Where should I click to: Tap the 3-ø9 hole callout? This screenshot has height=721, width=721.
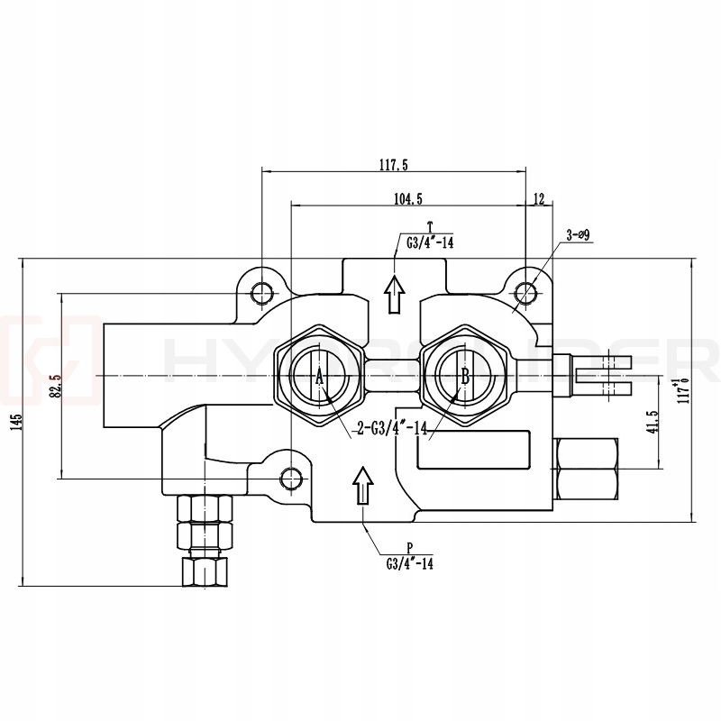coord(577,236)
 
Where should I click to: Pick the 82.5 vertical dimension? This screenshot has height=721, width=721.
coord(55,386)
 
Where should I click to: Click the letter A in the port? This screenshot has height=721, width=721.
coord(319,377)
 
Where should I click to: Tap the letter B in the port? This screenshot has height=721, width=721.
coord(465,377)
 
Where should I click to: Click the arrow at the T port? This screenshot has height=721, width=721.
coord(394,293)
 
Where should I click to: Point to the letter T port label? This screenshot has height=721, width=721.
coord(430,226)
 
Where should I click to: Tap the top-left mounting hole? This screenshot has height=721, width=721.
coord(262,292)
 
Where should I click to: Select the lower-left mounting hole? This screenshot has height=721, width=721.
coord(289,477)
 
